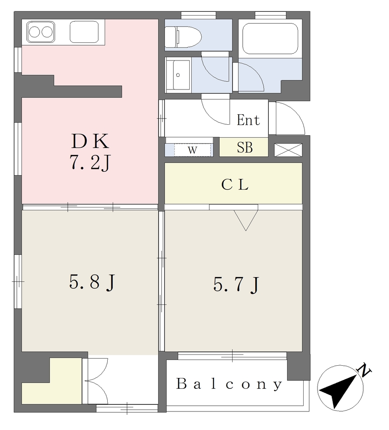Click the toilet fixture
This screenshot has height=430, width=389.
[x=183, y=37]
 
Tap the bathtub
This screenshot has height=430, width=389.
[x=270, y=38]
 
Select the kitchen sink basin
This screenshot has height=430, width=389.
[x=84, y=32]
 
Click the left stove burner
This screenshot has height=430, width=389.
[x=34, y=32]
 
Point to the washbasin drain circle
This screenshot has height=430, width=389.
[x=178, y=75]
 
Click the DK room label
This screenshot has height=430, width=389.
[x=90, y=141]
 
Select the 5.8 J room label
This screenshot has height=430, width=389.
[x=92, y=283]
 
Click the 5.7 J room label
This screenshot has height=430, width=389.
[x=236, y=284]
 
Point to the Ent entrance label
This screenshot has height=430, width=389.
[x=249, y=120]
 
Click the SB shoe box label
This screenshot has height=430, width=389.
[x=245, y=147]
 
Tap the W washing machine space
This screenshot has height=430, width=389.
[x=193, y=150]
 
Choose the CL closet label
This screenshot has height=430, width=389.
[x=235, y=185]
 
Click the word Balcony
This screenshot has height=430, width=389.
[x=229, y=384]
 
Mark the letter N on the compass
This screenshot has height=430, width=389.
[x=365, y=370]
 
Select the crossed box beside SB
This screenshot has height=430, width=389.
[x=288, y=150]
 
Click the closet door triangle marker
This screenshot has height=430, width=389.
[x=246, y=220]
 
